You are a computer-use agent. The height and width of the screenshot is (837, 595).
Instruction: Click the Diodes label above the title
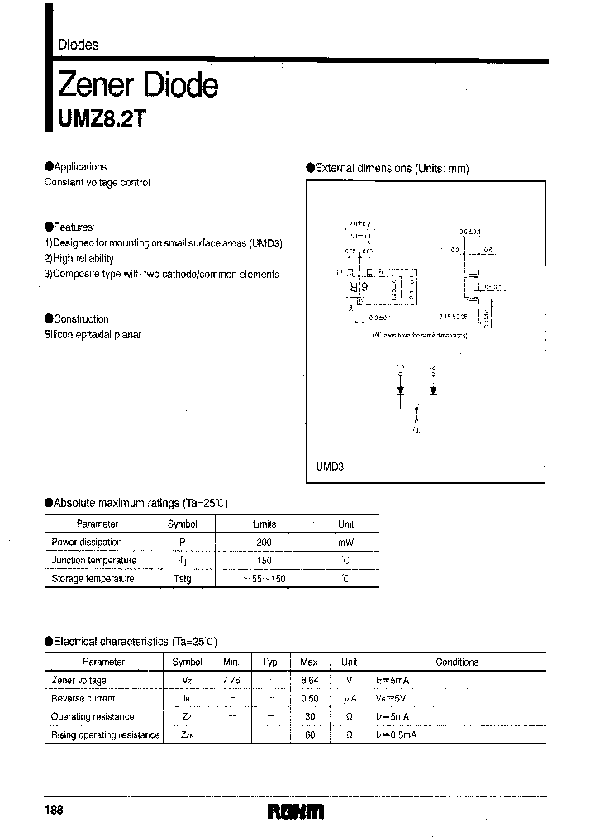point(79,45)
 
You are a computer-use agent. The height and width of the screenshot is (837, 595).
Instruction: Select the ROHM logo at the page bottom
point(295,812)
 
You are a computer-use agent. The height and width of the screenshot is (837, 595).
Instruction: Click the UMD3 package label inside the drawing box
point(329,466)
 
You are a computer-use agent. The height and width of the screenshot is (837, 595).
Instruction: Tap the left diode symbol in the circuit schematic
point(401,390)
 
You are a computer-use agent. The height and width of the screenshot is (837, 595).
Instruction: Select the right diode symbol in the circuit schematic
point(432,390)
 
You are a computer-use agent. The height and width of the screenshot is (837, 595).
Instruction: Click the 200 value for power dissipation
point(264,543)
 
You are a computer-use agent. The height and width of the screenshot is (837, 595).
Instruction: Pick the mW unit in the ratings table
point(345,543)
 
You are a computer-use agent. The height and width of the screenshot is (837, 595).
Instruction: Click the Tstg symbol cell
point(182,579)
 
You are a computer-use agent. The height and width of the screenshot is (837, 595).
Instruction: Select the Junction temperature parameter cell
point(94,561)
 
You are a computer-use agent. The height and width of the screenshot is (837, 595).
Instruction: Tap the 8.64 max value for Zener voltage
point(309,681)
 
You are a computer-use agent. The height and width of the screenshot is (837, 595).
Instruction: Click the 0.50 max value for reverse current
point(309,699)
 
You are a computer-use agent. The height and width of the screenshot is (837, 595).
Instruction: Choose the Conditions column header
point(457,662)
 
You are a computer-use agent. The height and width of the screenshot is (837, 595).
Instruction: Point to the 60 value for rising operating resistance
point(309,735)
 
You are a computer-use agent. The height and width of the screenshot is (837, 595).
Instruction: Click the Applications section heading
point(79,167)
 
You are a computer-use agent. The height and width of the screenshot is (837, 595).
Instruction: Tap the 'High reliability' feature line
point(79,259)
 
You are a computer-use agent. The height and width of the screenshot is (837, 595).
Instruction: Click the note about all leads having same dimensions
point(420,335)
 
